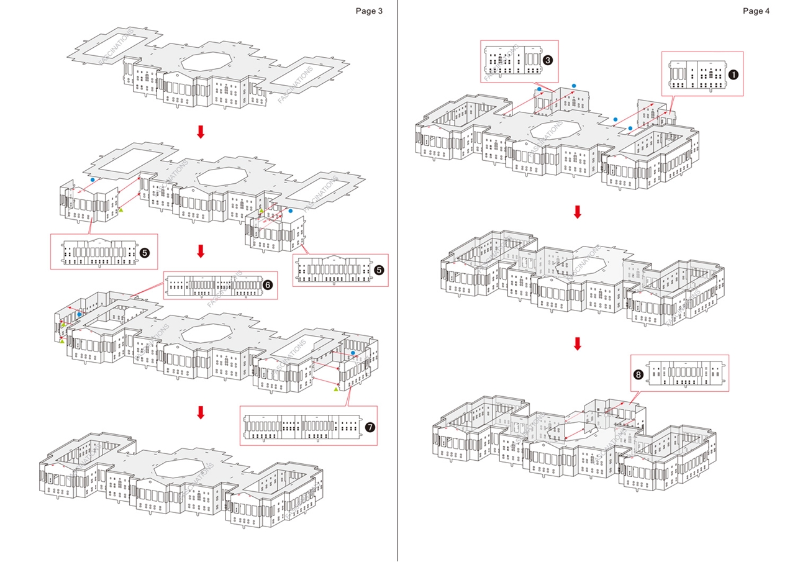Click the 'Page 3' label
(x=369, y=11)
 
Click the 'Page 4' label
(x=756, y=11)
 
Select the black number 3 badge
(x=548, y=60)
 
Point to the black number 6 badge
(x=268, y=284)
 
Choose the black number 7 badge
(x=370, y=427)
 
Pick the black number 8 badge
(x=638, y=374)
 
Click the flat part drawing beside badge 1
(x=697, y=73)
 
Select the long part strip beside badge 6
(x=213, y=286)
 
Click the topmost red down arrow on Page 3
(x=200, y=132)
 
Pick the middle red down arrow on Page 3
(x=200, y=251)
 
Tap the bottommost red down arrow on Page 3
(x=200, y=412)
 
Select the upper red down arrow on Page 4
(x=577, y=212)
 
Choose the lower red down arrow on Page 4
(x=577, y=343)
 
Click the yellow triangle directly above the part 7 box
(x=336, y=389)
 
